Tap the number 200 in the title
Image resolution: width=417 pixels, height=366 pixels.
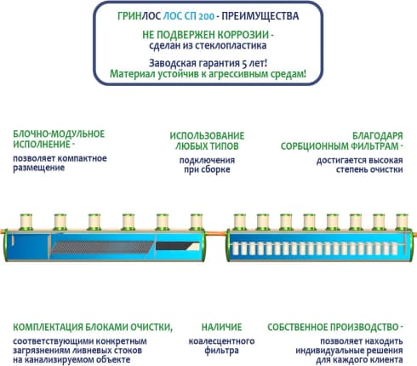[207, 16]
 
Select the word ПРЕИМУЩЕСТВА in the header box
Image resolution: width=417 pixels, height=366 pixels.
[260, 16]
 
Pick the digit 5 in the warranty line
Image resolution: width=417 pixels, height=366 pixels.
[244, 63]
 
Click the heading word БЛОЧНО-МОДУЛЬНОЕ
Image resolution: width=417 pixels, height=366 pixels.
[59, 134]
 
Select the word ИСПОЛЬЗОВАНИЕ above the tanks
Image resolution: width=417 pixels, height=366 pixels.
[207, 135]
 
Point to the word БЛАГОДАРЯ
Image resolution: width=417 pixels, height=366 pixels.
[378, 135]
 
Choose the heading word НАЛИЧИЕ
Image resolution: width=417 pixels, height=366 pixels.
[221, 327]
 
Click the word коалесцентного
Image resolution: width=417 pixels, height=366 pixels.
[221, 341]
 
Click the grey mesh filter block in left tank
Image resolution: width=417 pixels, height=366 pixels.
[103, 247]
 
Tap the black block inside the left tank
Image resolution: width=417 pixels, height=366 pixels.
[177, 246]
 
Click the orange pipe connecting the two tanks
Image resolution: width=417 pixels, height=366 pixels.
[216, 234]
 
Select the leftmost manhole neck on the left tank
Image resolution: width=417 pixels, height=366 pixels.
[26, 222]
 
